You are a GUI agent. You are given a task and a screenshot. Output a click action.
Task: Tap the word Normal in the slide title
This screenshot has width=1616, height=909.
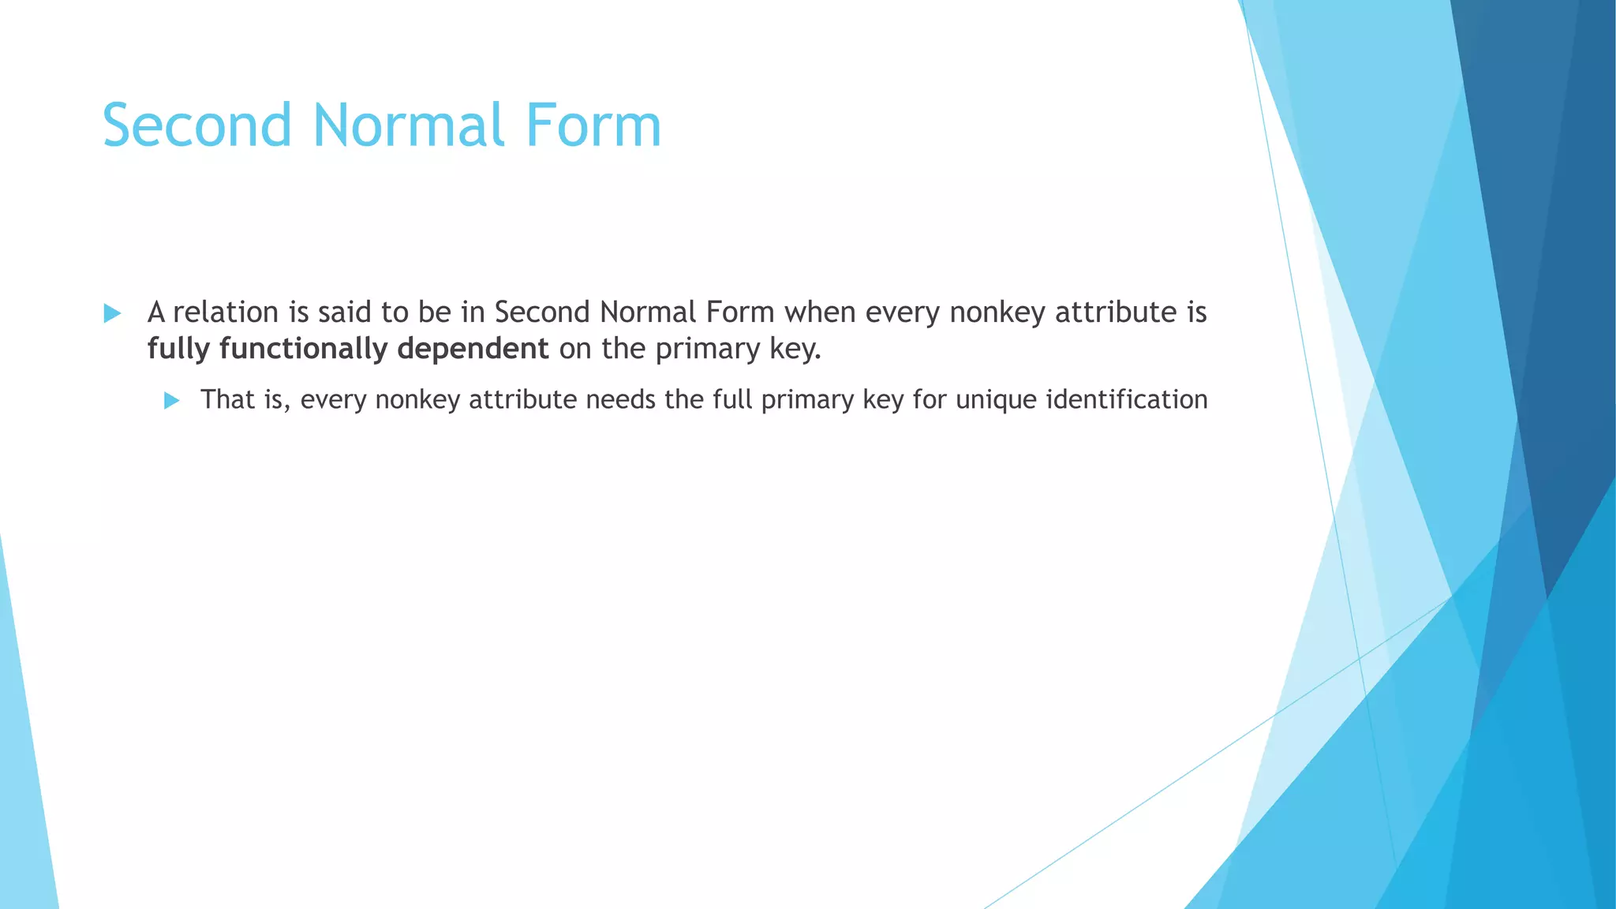[409, 126]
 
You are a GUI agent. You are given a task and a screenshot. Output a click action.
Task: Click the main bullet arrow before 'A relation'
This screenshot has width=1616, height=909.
[112, 314]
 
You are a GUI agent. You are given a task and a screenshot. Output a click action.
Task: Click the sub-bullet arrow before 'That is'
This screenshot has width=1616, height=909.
[171, 401]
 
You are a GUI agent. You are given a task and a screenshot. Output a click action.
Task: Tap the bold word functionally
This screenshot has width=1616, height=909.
[303, 349]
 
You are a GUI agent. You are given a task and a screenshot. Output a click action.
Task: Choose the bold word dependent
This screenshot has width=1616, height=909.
[473, 349]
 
